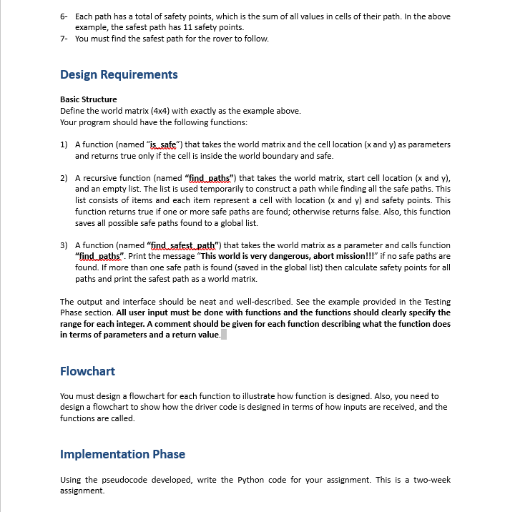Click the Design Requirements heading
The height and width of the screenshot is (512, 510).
(x=119, y=74)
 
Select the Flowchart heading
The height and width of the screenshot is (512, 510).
(x=87, y=371)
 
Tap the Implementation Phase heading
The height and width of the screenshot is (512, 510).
(x=122, y=454)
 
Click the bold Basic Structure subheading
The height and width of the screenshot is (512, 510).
(x=88, y=99)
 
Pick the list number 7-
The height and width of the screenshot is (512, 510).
(x=64, y=39)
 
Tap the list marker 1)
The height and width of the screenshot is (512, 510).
(x=64, y=144)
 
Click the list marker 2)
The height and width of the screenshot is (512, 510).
(x=64, y=178)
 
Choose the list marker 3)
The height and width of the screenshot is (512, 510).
(x=64, y=245)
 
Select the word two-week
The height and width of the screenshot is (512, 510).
(x=429, y=480)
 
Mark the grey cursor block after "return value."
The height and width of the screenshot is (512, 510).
(x=224, y=335)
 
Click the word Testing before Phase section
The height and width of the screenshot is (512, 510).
(x=434, y=302)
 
